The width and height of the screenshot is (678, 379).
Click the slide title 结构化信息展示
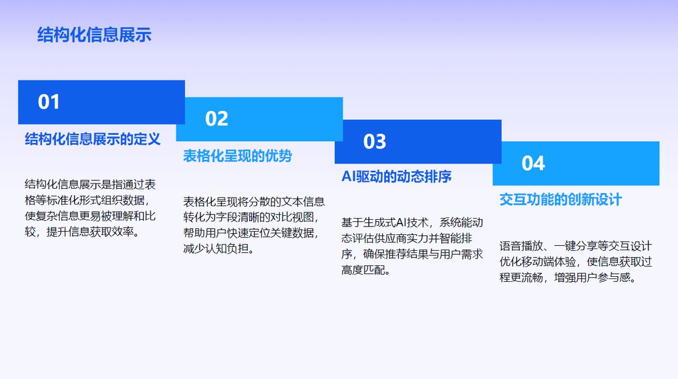[x=94, y=34]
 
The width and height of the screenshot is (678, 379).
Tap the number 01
[x=49, y=102]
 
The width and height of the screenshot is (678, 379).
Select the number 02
[x=216, y=119]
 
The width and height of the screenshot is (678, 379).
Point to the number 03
[x=375, y=141]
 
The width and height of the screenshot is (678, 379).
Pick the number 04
[x=533, y=163]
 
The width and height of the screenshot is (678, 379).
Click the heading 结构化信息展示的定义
[x=93, y=139]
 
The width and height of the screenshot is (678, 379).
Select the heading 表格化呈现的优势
[x=237, y=156]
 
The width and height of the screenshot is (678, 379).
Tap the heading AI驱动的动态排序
[x=397, y=176]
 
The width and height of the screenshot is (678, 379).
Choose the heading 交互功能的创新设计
[x=560, y=199]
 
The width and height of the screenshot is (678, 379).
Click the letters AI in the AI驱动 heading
[x=349, y=176]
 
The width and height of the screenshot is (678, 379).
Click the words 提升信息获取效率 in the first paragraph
[x=90, y=232]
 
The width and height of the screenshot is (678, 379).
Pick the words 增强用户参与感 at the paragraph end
[x=592, y=278]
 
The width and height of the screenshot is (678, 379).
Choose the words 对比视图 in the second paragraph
[x=292, y=217]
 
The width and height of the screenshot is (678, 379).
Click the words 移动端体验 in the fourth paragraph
[x=549, y=262]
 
